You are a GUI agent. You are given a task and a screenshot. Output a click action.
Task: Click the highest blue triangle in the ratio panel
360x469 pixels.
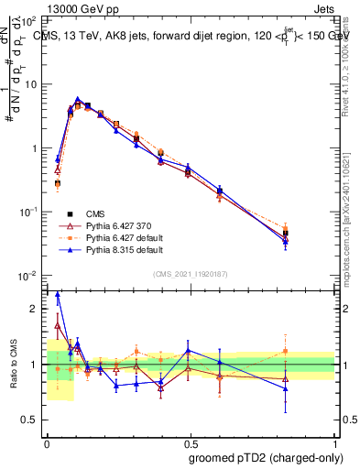pos(58,295)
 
